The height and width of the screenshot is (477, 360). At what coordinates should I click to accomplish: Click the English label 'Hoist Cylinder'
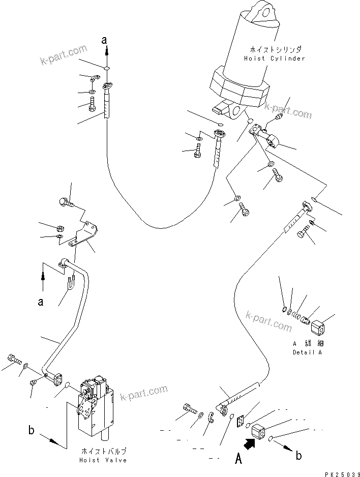[274, 58]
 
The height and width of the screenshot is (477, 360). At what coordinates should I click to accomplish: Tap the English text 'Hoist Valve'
[103, 460]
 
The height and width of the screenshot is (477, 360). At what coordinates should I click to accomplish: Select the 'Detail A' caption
[307, 352]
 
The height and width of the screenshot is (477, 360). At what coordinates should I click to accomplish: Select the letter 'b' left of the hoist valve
[32, 431]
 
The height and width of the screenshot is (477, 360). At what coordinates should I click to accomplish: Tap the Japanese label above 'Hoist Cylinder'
[275, 50]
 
